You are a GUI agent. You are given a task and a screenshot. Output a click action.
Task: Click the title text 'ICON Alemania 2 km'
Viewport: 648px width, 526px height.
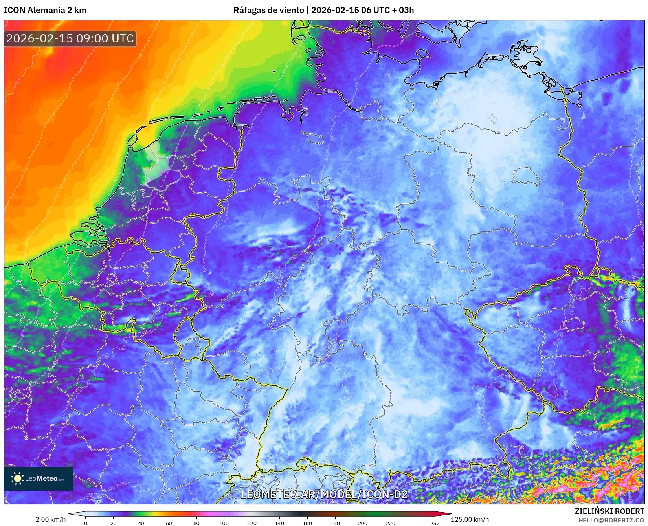click(x=45, y=10)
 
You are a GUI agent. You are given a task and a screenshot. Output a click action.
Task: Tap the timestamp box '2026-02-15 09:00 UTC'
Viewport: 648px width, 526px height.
click(x=70, y=38)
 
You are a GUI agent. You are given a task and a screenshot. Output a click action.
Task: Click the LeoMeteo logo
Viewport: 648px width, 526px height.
click(x=39, y=478)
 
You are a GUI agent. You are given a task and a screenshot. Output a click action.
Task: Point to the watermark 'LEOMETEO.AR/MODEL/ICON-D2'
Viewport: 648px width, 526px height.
click(x=324, y=494)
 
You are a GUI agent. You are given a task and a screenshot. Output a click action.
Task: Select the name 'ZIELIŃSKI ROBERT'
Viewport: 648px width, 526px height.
click(x=609, y=511)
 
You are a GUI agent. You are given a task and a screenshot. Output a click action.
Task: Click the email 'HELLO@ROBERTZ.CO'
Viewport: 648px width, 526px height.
click(x=611, y=520)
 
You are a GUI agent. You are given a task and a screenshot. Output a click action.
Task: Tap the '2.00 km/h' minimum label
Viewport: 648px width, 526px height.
click(x=50, y=519)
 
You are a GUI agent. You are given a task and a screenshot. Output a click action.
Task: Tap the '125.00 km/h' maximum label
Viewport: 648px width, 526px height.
click(x=470, y=519)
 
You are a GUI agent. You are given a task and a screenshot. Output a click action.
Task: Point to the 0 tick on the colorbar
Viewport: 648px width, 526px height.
click(x=86, y=523)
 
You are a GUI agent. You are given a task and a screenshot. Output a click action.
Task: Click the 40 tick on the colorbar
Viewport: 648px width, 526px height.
click(x=141, y=523)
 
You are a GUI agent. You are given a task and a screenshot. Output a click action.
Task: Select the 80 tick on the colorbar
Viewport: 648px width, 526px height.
click(x=196, y=523)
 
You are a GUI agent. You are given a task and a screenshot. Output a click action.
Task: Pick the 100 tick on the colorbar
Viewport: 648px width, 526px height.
click(x=224, y=523)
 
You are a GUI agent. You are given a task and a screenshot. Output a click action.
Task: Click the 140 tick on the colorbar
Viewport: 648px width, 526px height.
click(x=279, y=523)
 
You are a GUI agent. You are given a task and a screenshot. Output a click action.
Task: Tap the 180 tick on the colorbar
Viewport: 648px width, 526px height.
click(x=335, y=523)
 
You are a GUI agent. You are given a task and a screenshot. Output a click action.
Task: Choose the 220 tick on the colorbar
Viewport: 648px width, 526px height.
click(x=390, y=523)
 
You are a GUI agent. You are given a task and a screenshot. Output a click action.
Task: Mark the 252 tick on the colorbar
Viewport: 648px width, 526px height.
click(x=435, y=523)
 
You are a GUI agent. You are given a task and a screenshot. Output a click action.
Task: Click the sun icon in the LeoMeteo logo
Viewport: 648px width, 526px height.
click(x=17, y=478)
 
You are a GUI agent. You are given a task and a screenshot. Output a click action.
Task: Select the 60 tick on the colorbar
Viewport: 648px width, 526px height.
click(x=169, y=523)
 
